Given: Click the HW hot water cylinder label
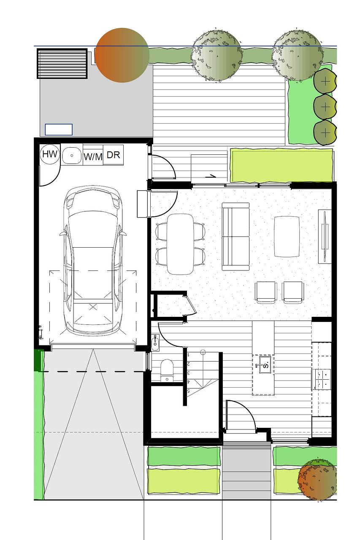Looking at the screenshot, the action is [50, 154].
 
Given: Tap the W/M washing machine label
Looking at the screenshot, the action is [93, 157].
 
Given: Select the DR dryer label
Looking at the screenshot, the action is [113, 155].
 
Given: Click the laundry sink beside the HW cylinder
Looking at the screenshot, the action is [72, 156].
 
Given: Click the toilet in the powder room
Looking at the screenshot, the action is [167, 371].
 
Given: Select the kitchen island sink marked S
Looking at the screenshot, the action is [265, 365].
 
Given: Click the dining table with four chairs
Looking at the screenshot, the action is [180, 244].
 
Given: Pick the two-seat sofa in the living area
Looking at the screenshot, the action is [235, 236].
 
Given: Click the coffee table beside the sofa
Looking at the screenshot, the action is [287, 237].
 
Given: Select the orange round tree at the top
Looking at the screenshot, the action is [122, 55].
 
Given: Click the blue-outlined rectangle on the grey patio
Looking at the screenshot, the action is [59, 130].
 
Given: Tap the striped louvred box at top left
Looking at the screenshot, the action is [62, 63].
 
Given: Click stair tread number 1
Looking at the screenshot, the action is [189, 355].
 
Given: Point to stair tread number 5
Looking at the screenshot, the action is [189, 391].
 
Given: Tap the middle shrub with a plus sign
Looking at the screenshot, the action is [325, 106].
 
